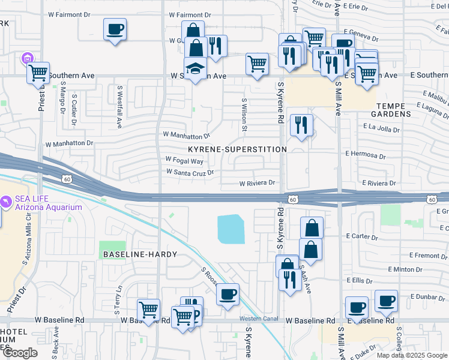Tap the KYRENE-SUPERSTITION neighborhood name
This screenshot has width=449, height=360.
237,149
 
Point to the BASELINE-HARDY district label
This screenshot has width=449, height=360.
140,254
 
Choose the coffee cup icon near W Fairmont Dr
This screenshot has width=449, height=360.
115,29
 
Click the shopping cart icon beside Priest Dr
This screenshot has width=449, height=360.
38,73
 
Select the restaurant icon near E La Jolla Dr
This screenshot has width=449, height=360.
300,125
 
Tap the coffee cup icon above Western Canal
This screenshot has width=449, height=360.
228,295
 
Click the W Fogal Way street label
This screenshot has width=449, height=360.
184,161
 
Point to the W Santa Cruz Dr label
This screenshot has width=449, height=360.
190,172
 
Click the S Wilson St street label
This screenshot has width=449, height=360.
244,115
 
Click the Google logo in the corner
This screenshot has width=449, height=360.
20,353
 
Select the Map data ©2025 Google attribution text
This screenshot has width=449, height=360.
411,355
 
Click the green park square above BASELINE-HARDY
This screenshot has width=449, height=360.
109,247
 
